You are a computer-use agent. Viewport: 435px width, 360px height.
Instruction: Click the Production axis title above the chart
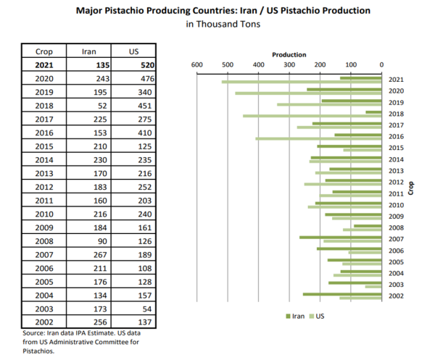pyautogui.click(x=289, y=55)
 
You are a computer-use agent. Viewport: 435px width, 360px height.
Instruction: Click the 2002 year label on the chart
pyautogui.click(x=396, y=296)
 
